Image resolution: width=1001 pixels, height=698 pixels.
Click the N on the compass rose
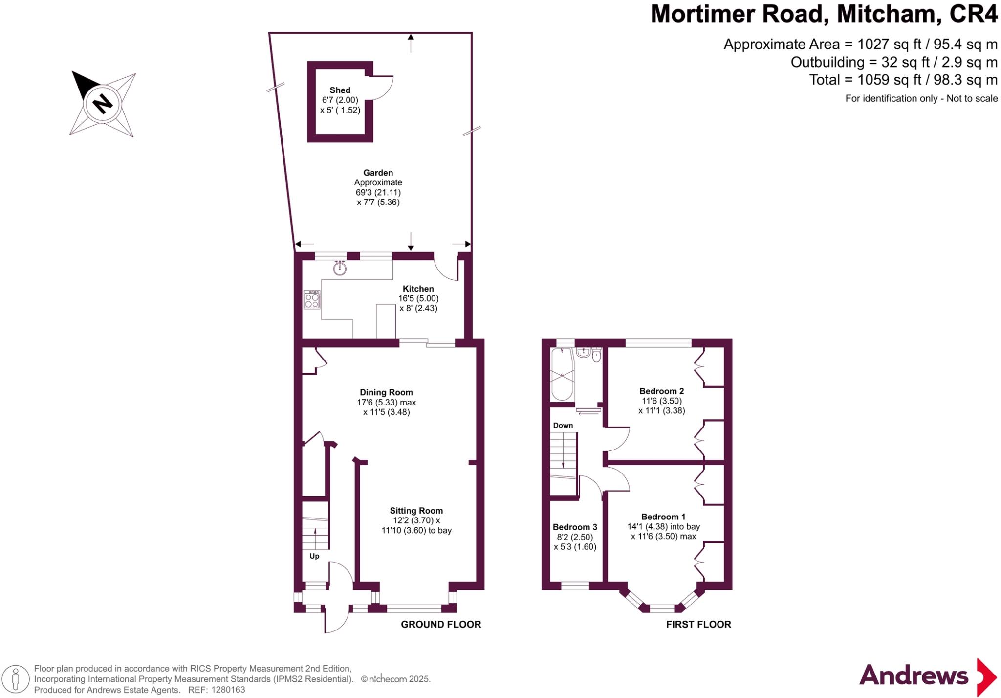click(103, 104)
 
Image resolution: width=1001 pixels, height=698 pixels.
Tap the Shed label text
click(340, 90)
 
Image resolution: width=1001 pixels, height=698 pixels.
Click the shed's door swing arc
click(384, 89)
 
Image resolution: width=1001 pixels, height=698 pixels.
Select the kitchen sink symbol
click(340, 268)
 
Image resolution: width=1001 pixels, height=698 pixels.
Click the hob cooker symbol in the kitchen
click(312, 299)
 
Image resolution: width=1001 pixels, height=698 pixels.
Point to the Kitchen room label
click(418, 289)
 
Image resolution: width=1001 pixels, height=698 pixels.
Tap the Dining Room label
click(386, 392)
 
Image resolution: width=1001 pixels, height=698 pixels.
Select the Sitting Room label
click(416, 511)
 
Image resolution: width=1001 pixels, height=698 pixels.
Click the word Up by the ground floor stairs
click(314, 556)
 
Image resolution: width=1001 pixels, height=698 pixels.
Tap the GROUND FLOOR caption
click(441, 624)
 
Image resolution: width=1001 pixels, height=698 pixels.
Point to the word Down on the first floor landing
click(563, 425)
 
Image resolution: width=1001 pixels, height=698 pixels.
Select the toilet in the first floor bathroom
click(596, 356)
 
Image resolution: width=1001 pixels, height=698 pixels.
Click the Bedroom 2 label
click(661, 391)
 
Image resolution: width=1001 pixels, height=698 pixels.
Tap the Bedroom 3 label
click(575, 527)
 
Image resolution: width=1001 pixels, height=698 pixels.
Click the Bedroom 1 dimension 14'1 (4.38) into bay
click(663, 527)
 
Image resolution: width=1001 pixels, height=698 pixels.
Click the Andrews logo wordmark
click(913, 675)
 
